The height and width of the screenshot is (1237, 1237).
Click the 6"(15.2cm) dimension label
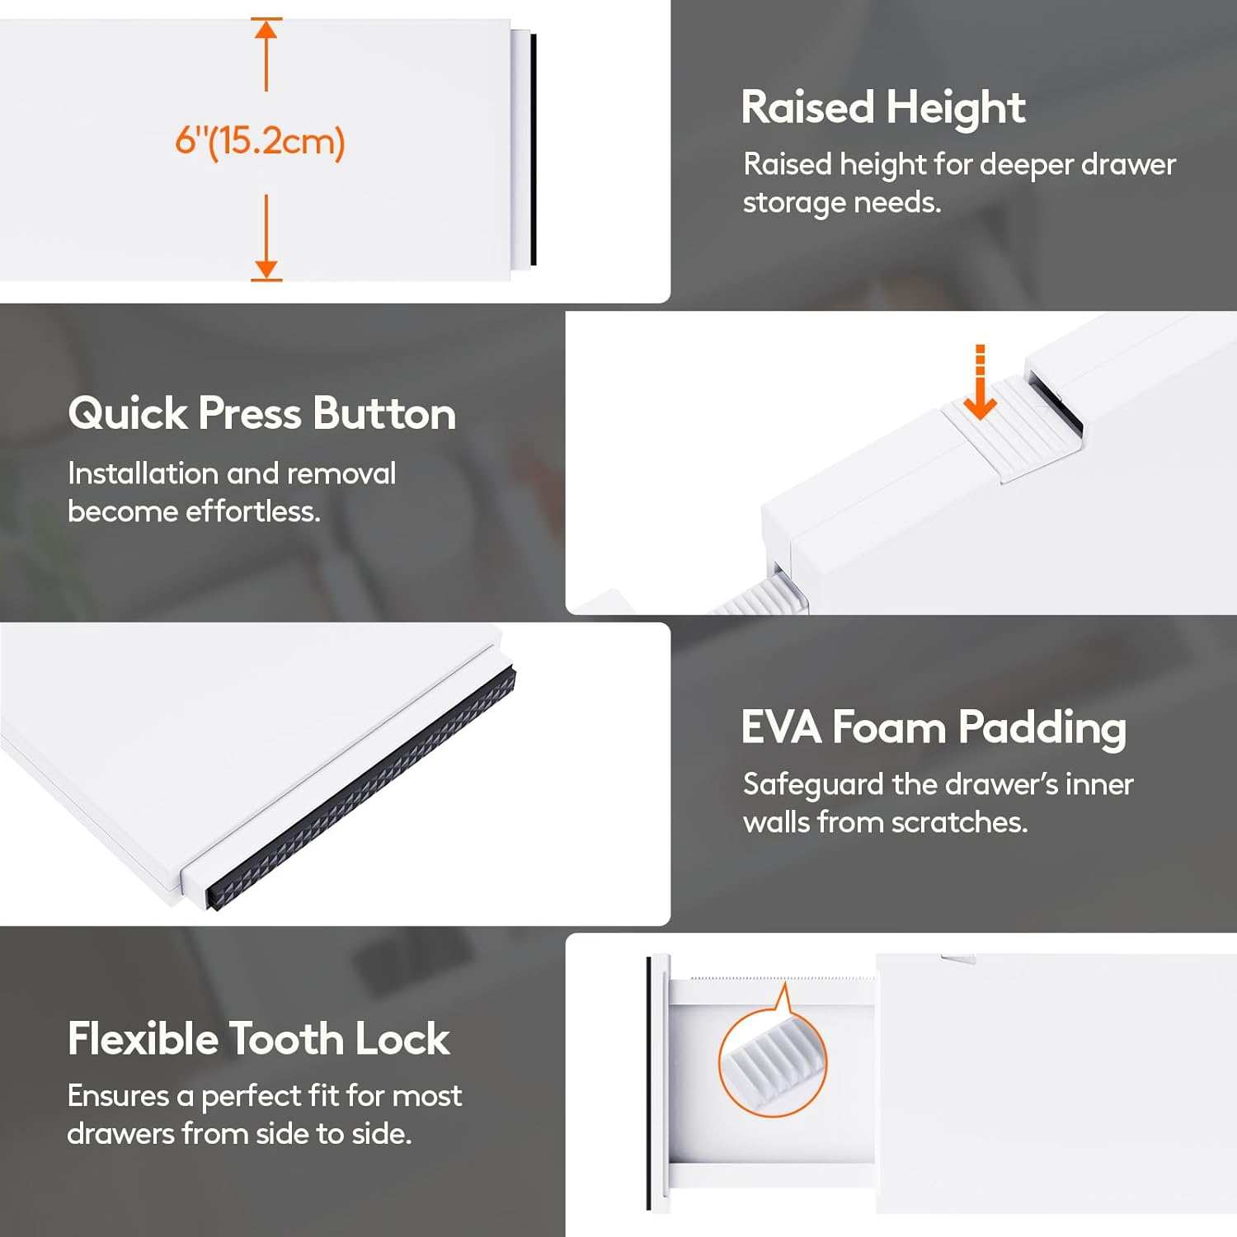click(x=260, y=141)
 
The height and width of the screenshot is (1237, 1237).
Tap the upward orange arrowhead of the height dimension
click(x=266, y=30)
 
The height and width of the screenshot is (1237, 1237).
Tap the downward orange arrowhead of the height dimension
click(x=266, y=269)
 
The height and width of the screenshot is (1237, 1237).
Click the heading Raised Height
click(x=883, y=108)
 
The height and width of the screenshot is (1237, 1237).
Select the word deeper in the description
click(x=1027, y=165)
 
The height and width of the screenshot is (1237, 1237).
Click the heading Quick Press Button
click(x=261, y=413)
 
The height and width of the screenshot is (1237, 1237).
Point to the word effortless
click(x=253, y=511)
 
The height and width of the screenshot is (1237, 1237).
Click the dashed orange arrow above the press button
click(x=980, y=382)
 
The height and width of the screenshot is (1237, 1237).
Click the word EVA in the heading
click(x=782, y=727)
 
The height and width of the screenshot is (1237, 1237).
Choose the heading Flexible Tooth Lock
click(x=259, y=1038)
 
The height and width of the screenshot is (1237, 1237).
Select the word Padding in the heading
click(x=1042, y=729)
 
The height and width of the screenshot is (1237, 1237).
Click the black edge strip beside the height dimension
click(x=534, y=149)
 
